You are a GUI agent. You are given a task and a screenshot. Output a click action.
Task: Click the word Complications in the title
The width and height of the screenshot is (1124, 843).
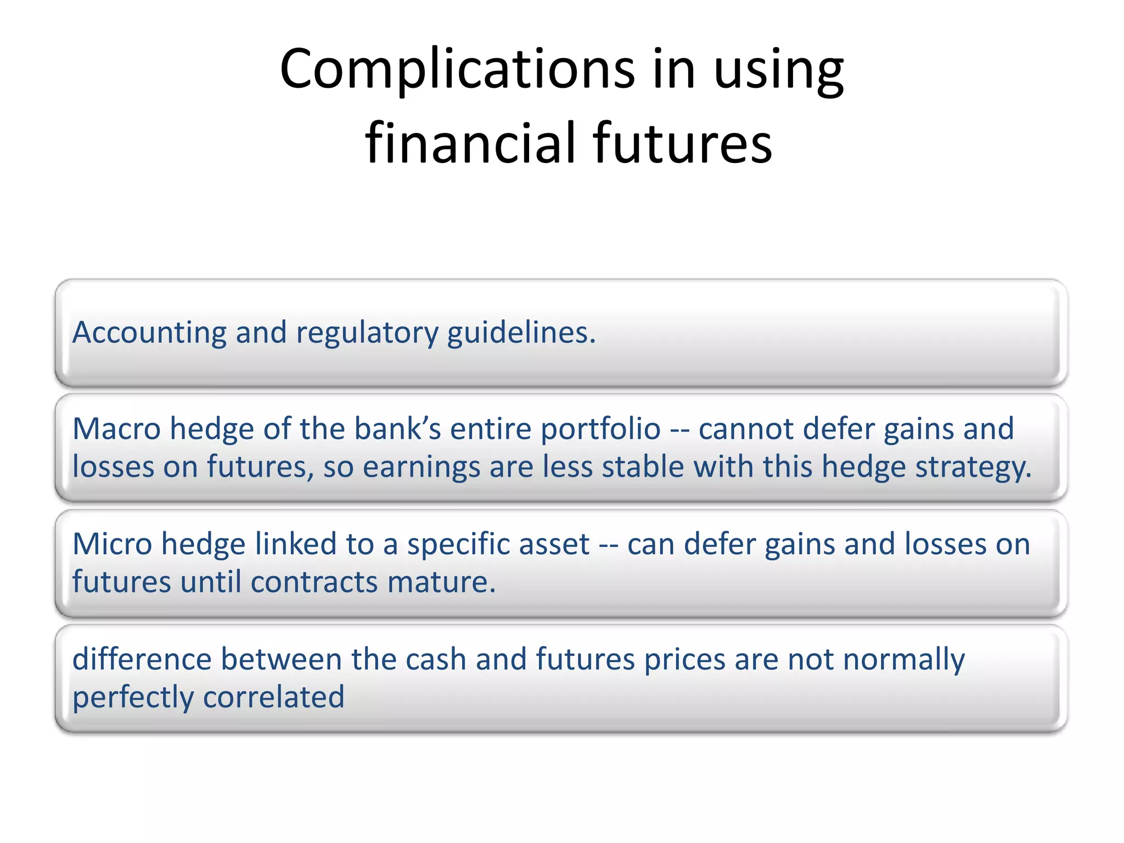click(x=457, y=69)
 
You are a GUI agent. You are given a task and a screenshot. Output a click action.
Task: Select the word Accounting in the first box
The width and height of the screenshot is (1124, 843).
click(x=149, y=333)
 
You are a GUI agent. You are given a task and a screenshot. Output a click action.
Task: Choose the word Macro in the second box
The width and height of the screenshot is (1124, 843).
click(x=116, y=429)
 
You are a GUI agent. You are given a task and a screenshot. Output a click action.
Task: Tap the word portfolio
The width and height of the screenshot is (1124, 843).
click(x=600, y=429)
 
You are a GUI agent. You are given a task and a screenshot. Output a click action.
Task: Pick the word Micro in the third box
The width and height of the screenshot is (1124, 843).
click(x=112, y=544)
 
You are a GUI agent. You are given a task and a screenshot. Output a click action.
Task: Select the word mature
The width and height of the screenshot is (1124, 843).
click(x=441, y=582)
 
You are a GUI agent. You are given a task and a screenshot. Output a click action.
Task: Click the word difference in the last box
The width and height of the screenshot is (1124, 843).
click(x=142, y=659)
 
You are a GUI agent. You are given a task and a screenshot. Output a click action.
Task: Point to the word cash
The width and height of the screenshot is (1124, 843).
click(x=436, y=659)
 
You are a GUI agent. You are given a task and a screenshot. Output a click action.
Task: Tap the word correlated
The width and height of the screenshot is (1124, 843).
click(x=273, y=698)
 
